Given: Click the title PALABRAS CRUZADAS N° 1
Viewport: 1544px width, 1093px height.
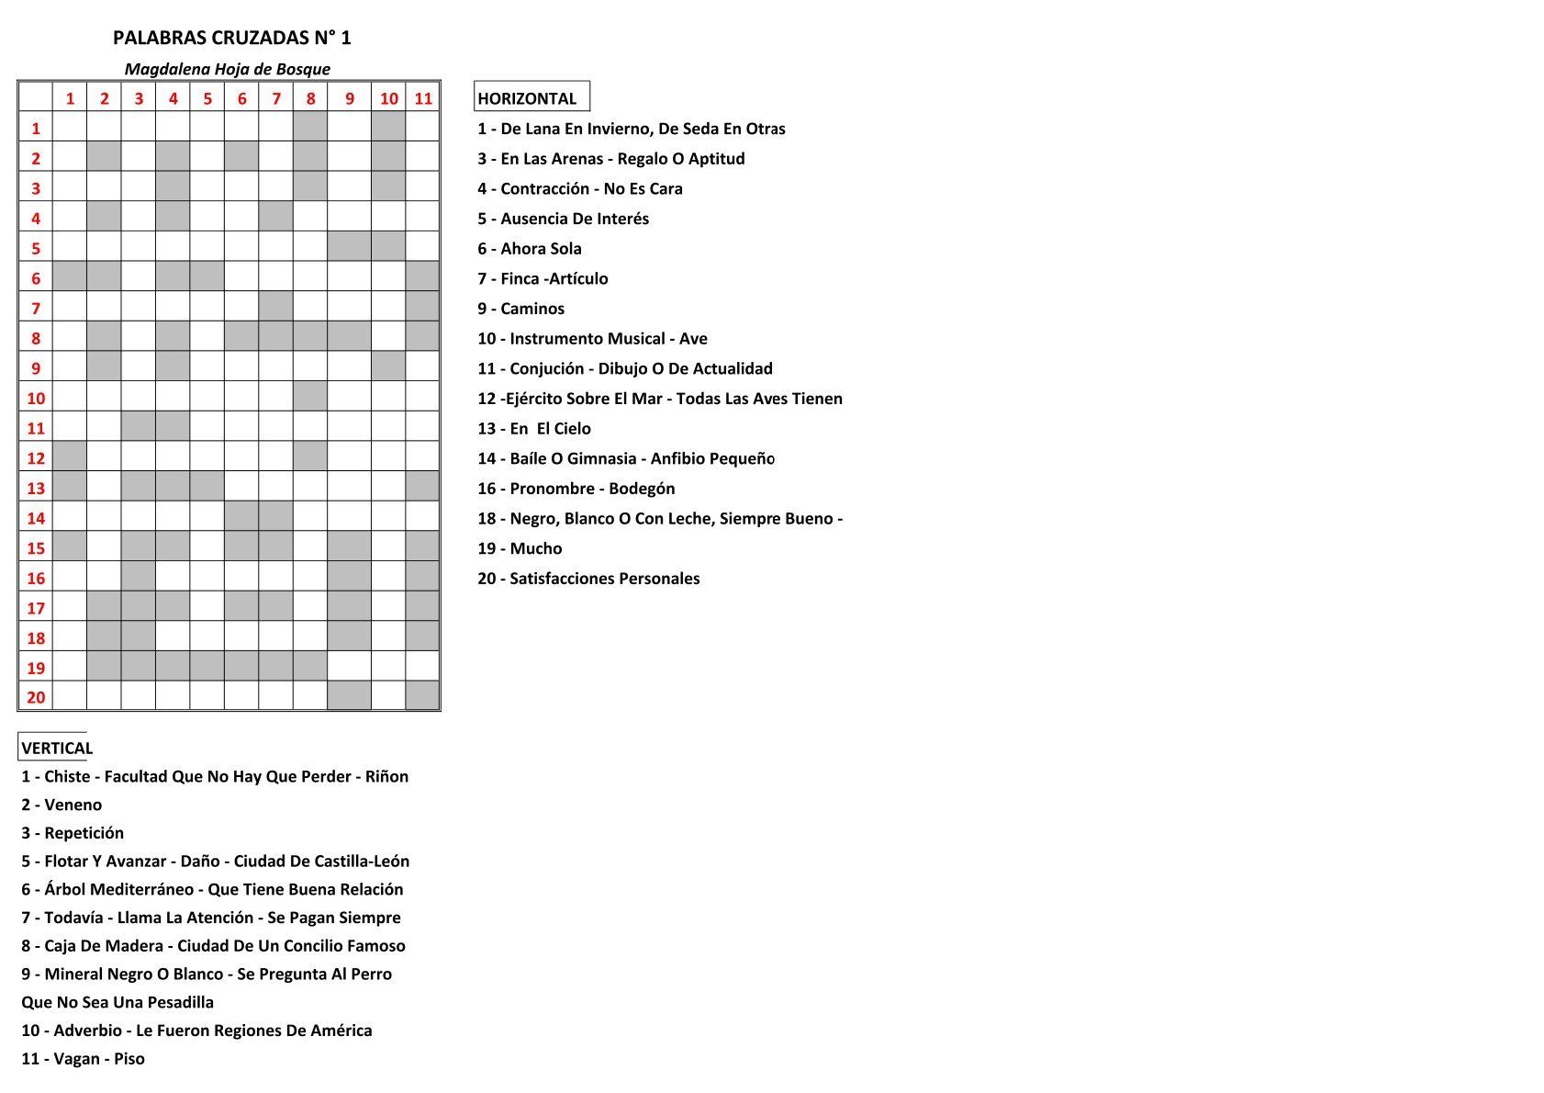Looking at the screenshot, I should (x=231, y=38).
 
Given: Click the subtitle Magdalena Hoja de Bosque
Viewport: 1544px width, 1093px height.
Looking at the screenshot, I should (x=227, y=69).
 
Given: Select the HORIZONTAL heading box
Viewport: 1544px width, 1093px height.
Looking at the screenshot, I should (x=531, y=97).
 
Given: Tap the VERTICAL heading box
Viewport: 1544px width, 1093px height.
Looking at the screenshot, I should (x=55, y=748).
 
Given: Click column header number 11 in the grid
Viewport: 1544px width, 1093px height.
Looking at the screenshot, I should (x=423, y=98).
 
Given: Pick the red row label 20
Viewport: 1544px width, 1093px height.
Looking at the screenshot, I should (x=36, y=697).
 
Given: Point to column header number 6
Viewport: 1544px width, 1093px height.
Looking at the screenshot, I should (x=241, y=98).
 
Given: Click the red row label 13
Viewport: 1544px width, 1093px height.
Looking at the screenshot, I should (x=36, y=488).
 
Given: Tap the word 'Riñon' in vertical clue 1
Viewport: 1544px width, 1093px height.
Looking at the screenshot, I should (x=386, y=776).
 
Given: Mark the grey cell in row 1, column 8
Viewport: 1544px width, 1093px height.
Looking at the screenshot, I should (x=310, y=128).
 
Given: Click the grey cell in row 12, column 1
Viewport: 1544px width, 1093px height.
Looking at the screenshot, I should (x=70, y=457).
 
